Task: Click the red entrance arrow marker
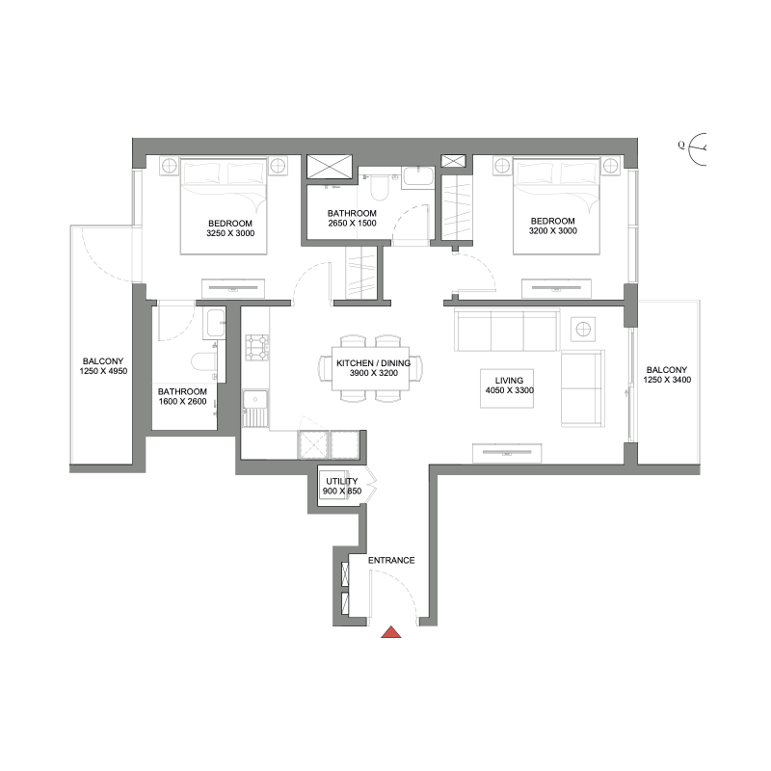(391, 633)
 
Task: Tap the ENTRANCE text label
(391, 560)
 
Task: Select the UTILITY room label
(342, 481)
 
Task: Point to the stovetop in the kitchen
(256, 348)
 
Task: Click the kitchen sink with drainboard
(255, 408)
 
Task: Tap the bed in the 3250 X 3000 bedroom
(223, 205)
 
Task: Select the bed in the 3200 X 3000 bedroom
(557, 205)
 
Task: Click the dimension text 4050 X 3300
(508, 391)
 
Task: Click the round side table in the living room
(584, 329)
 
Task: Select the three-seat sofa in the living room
(507, 331)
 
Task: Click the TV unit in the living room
(506, 452)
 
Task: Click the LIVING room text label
(508, 380)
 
